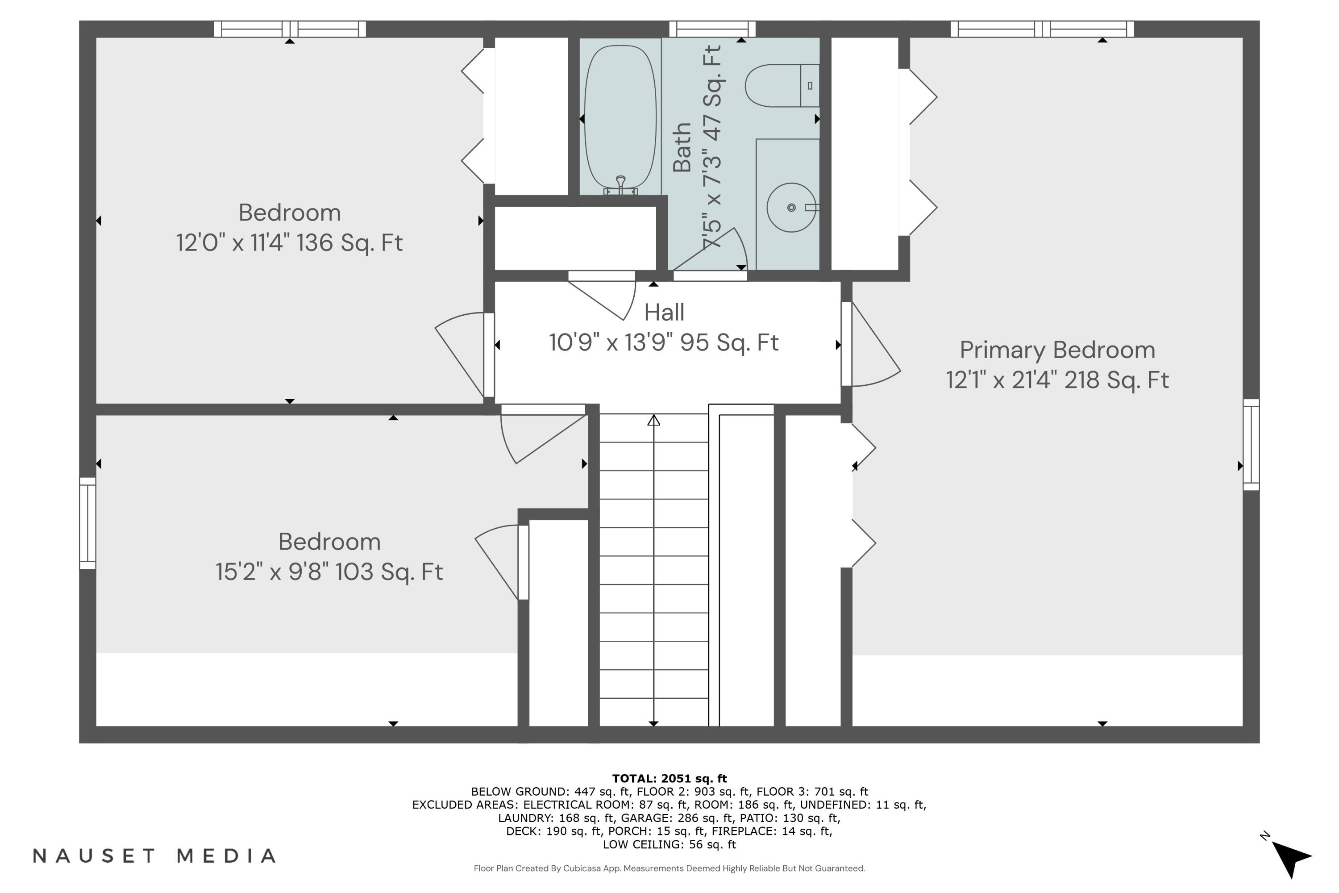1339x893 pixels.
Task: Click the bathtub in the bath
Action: point(620,117)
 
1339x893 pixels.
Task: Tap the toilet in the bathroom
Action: point(780,85)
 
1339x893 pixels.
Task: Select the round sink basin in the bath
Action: point(791,207)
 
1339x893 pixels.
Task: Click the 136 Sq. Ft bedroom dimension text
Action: point(289,242)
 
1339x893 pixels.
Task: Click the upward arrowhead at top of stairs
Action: point(653,420)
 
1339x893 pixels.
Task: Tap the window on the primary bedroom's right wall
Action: point(1251,444)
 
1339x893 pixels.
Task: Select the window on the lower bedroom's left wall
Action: point(87,523)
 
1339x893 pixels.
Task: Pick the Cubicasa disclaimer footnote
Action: point(669,868)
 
